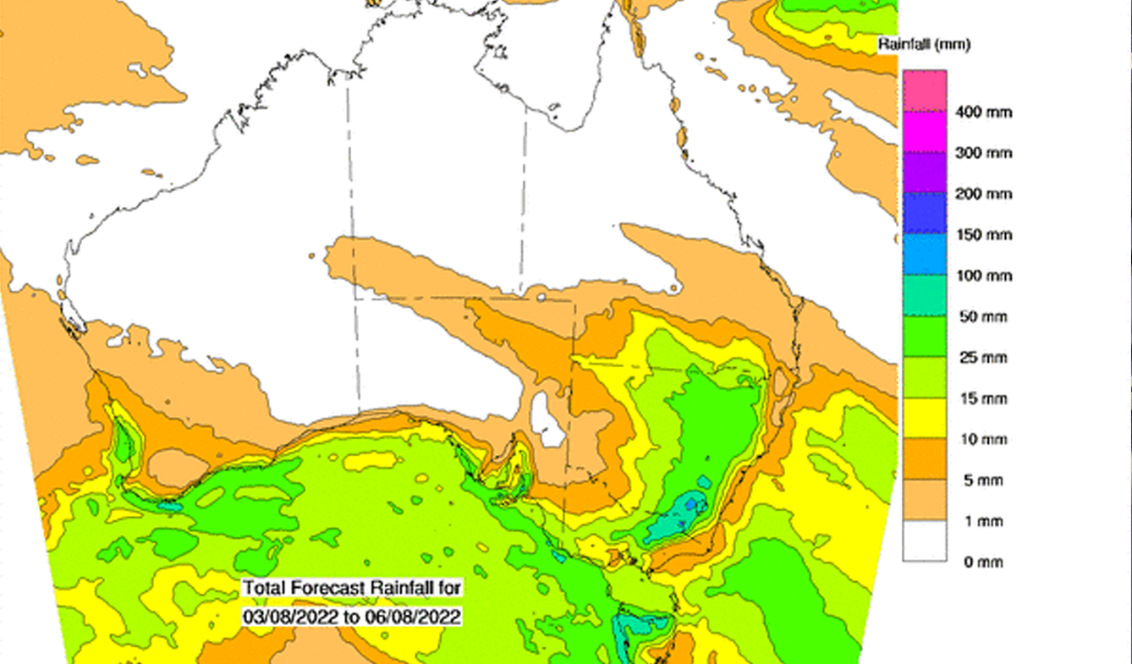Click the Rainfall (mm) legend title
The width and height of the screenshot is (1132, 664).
tap(924, 44)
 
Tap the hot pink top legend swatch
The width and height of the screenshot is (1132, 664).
tap(924, 91)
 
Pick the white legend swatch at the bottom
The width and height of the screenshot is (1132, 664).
tap(924, 541)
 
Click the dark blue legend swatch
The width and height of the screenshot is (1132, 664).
tap(924, 214)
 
